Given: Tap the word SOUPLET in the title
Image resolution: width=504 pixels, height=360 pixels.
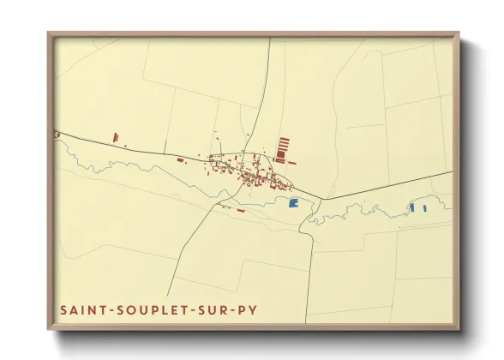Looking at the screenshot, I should pos(135,309).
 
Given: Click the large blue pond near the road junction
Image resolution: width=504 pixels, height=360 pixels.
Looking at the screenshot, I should pos(293,203).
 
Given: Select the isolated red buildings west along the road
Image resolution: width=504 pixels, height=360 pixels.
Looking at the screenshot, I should pos(115,135).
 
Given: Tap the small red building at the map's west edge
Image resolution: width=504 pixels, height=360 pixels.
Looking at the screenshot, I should pos(57,134).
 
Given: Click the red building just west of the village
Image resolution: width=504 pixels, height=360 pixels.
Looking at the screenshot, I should pos(180,159).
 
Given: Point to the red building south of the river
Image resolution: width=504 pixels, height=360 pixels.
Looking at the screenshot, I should pos(241,210).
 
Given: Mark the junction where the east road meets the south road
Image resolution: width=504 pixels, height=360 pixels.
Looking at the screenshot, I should pos(321,200).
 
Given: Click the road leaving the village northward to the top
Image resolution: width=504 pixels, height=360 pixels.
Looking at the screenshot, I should pos(267,86).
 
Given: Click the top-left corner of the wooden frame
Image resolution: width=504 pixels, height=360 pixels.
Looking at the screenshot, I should pos(50,35).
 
